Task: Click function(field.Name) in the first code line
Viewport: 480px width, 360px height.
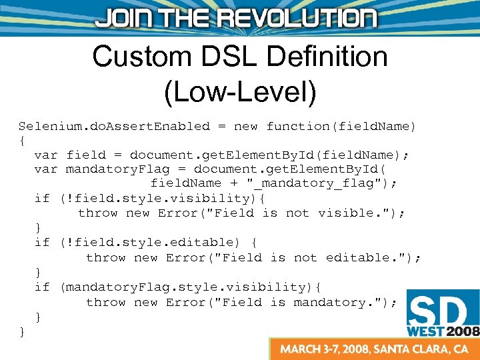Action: (341, 126)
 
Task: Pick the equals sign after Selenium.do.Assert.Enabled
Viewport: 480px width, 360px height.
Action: (221, 126)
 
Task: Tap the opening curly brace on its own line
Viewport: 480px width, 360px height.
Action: (22, 141)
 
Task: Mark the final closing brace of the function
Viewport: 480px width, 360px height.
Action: (22, 331)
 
